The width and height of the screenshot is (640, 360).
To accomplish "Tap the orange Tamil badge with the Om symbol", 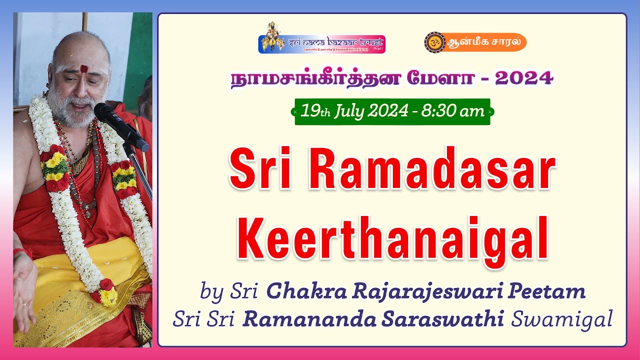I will (475, 42).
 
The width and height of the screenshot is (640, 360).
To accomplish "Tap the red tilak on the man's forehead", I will (84, 69).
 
